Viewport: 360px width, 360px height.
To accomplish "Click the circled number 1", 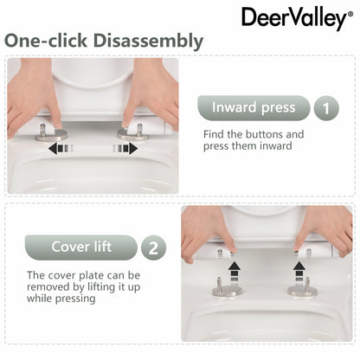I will click(x=325, y=109).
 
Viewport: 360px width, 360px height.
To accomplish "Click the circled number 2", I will click(x=153, y=247).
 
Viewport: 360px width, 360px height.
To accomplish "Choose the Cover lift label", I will click(x=81, y=247).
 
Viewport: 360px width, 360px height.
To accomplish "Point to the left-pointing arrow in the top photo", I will click(x=60, y=149).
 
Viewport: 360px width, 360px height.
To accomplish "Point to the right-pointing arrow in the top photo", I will click(x=126, y=149).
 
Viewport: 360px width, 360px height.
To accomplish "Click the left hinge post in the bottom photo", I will click(x=229, y=282).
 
